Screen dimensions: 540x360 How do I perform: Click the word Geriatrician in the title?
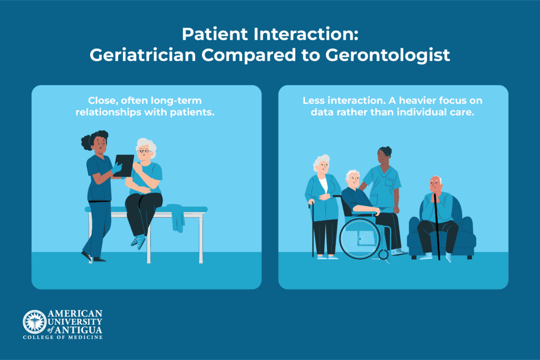click(x=142, y=55)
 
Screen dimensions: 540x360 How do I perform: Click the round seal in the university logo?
click(x=34, y=322)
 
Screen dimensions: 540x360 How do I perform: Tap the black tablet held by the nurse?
click(x=124, y=166)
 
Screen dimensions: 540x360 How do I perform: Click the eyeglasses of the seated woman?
click(x=144, y=151)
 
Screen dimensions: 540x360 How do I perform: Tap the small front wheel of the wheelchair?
click(x=383, y=255)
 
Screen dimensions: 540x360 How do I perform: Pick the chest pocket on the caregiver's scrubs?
click(x=389, y=182)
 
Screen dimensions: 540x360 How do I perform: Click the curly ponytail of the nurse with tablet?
click(x=88, y=140)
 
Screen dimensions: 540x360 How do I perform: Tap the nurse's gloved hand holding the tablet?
click(x=117, y=168)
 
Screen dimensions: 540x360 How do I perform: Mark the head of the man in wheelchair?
click(x=353, y=179)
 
